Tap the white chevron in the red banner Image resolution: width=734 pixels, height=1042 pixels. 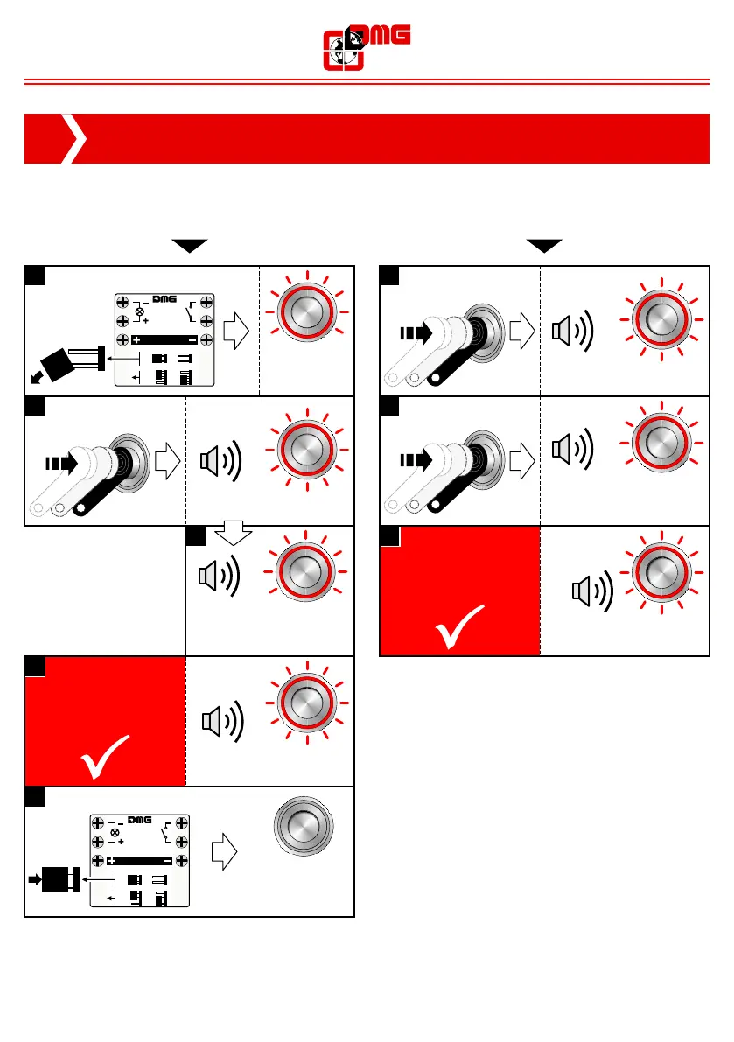tap(77, 138)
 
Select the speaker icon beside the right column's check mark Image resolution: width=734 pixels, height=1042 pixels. tap(591, 591)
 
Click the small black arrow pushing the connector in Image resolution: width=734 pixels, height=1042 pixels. tap(36, 878)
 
